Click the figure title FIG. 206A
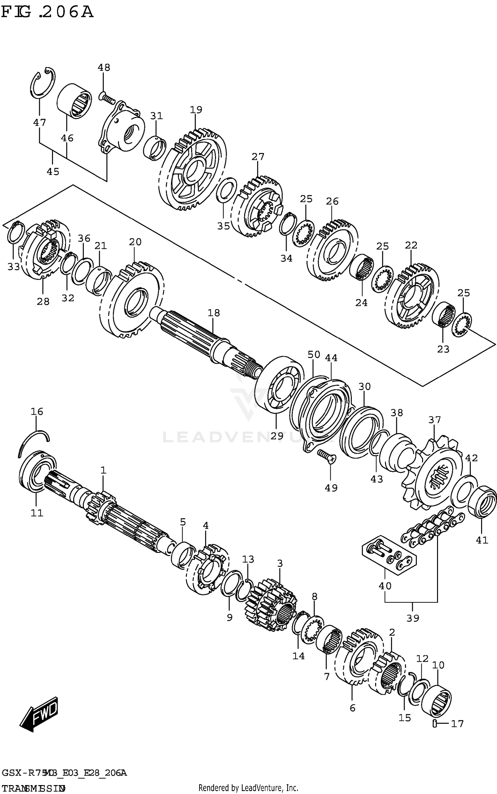(47, 12)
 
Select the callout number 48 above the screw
(104, 68)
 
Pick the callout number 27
(258, 157)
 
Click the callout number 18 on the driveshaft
(214, 313)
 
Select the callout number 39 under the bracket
(413, 618)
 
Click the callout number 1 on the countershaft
(103, 470)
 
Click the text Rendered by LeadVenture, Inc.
(248, 787)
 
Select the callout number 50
(314, 355)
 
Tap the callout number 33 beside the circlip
(14, 267)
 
